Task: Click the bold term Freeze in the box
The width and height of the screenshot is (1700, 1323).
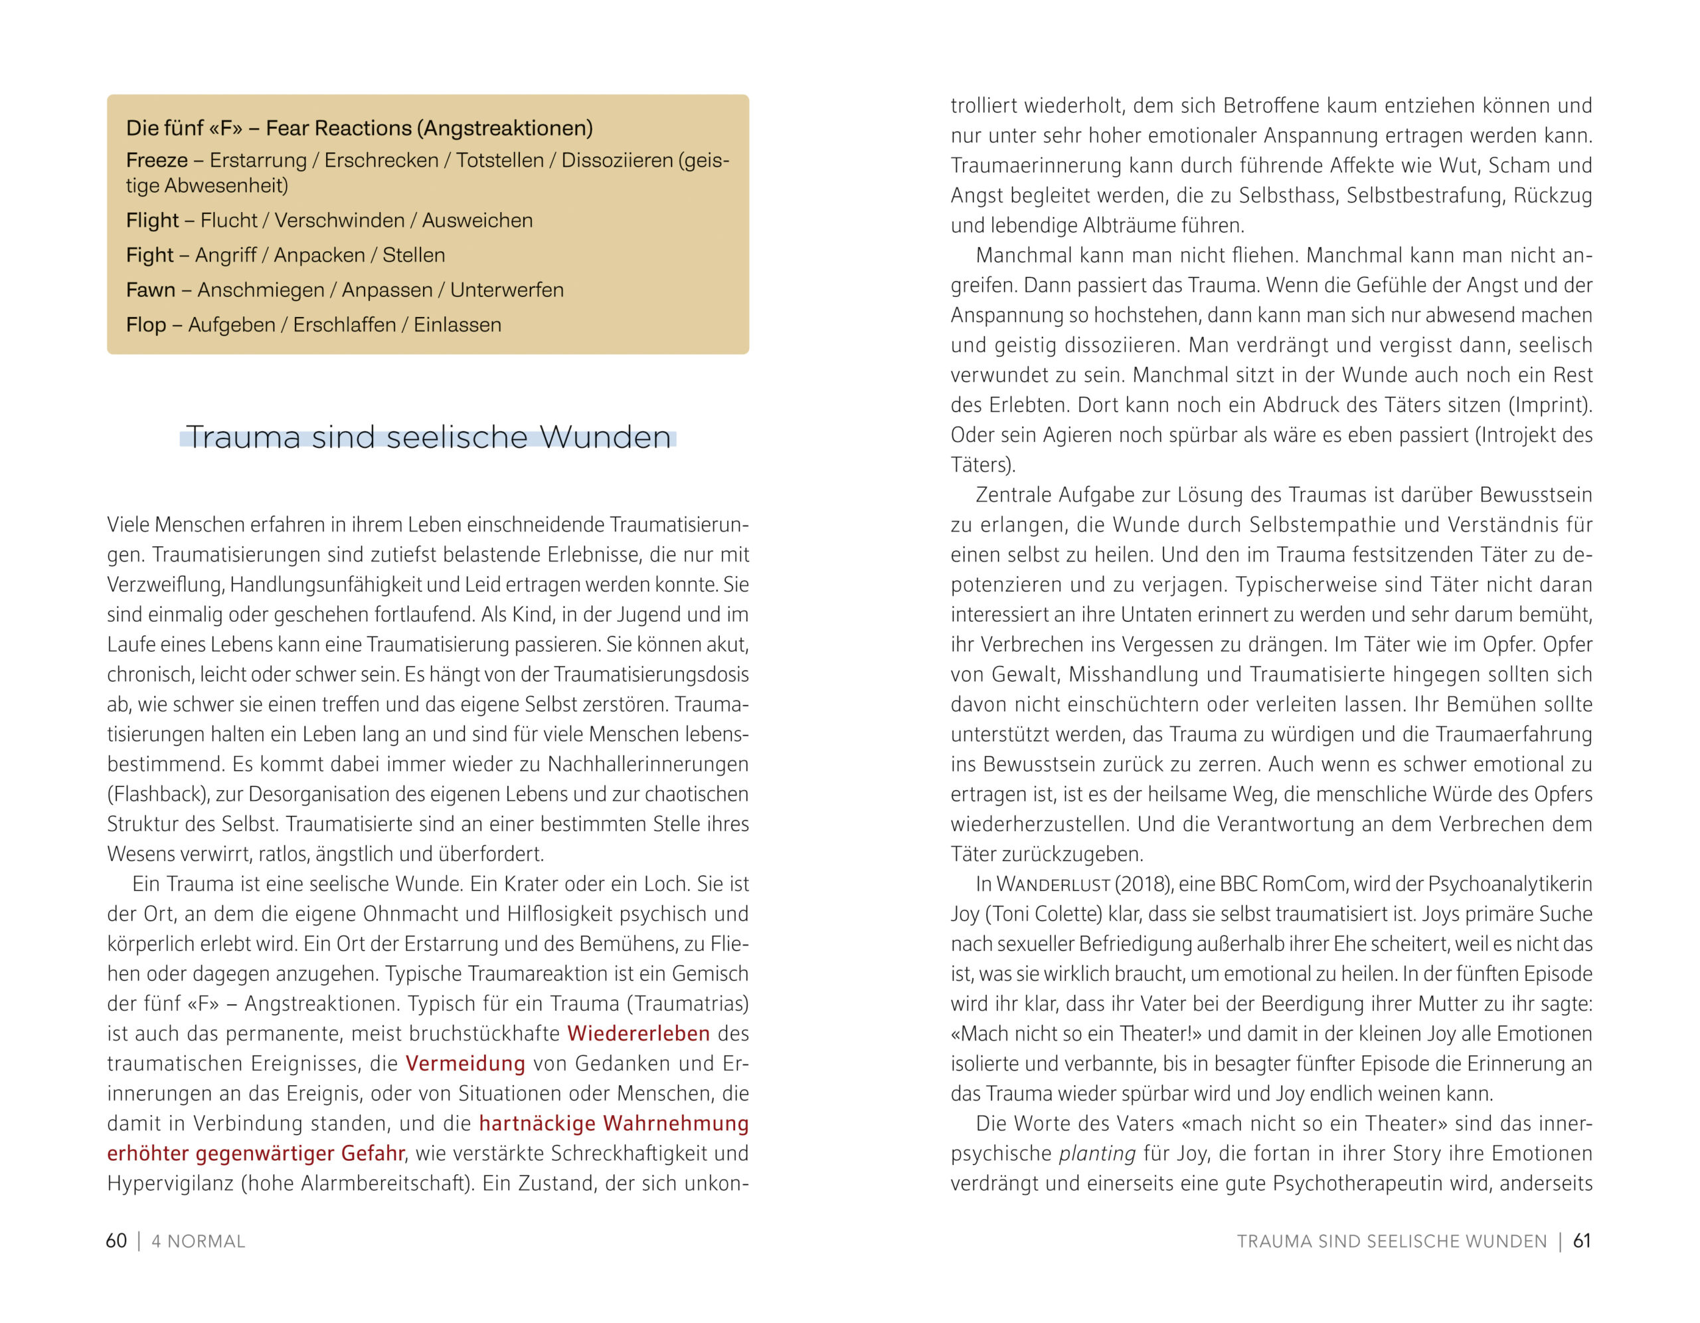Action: click(x=157, y=160)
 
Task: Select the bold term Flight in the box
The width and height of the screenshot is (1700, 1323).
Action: click(x=152, y=221)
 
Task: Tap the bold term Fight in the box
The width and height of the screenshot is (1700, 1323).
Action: click(x=149, y=255)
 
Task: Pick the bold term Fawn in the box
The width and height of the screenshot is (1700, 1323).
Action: click(x=150, y=290)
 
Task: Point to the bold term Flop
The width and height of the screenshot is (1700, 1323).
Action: click(x=145, y=325)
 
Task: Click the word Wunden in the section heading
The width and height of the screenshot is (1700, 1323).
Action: click(x=605, y=438)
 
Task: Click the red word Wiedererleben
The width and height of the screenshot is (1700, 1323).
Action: click(x=638, y=1033)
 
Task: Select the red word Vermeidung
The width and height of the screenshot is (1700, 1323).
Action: click(x=466, y=1064)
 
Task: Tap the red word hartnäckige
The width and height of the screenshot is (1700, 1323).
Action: click(x=537, y=1124)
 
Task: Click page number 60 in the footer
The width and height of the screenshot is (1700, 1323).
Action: click(x=116, y=1241)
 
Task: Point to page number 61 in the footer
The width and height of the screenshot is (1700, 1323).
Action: click(x=1582, y=1241)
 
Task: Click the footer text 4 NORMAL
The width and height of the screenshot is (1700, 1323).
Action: click(x=198, y=1241)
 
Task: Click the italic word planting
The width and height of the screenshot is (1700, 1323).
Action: click(x=1098, y=1154)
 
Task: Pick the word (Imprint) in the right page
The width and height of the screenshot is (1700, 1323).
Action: click(x=1552, y=405)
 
